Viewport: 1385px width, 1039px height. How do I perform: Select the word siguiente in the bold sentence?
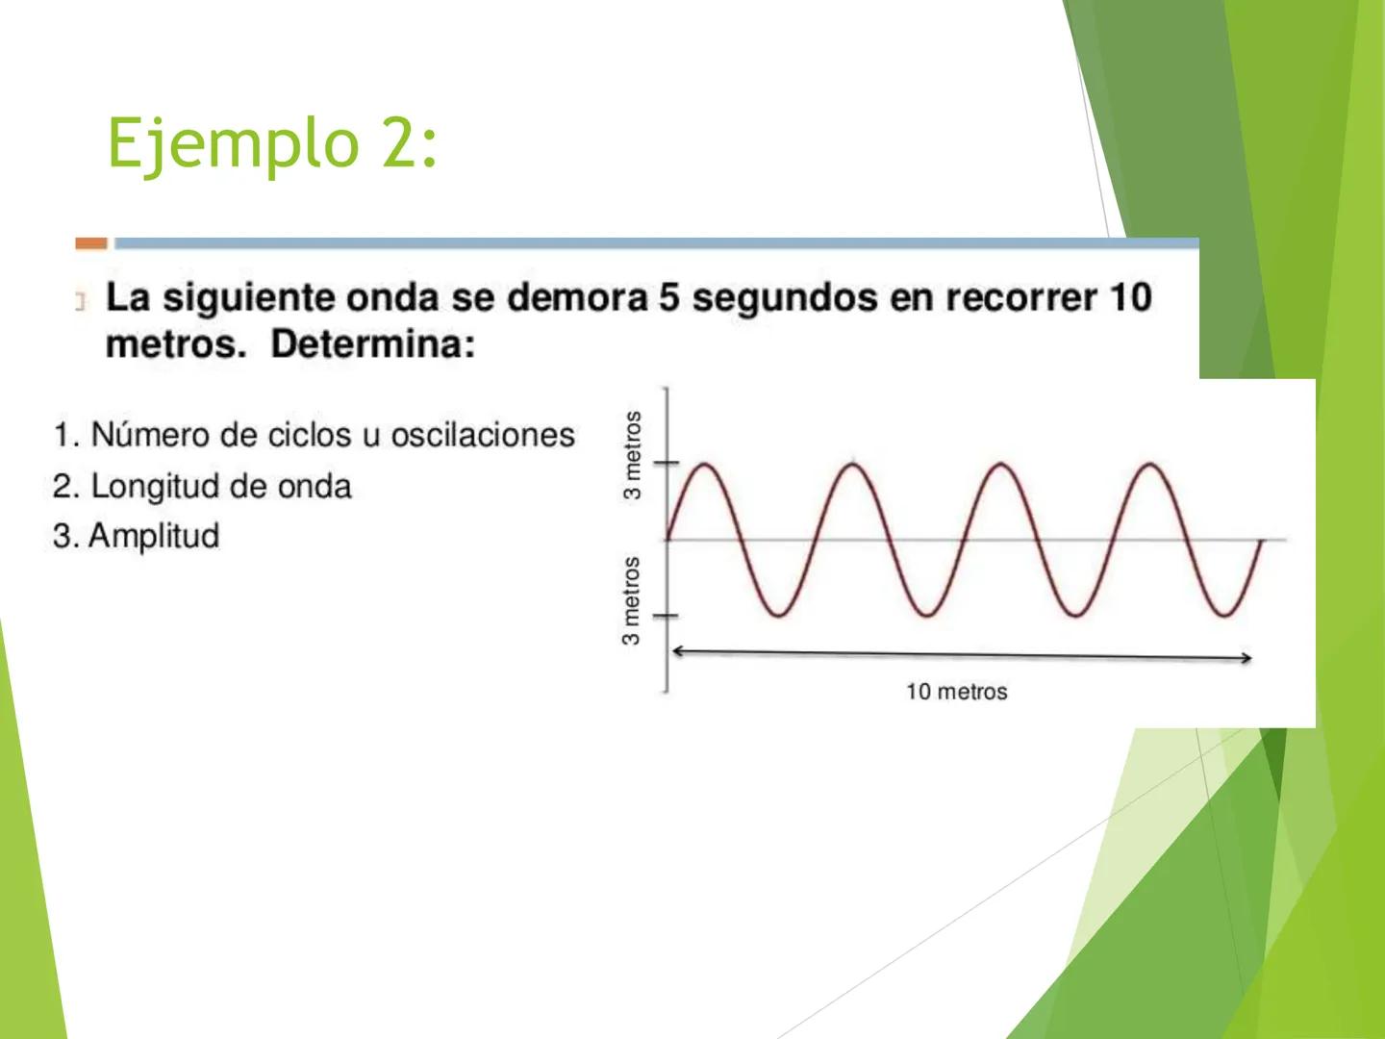click(x=250, y=298)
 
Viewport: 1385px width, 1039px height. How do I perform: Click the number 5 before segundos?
click(x=669, y=298)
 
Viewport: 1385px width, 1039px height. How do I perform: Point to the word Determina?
click(x=372, y=344)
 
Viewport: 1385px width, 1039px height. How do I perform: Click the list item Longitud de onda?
click(x=202, y=486)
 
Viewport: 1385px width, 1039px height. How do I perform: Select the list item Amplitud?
click(x=137, y=536)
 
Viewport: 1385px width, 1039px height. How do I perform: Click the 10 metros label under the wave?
click(x=956, y=692)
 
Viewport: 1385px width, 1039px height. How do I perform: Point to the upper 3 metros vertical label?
click(x=632, y=455)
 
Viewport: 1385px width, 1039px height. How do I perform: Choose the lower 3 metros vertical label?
click(x=631, y=601)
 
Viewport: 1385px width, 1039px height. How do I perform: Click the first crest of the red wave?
click(x=704, y=466)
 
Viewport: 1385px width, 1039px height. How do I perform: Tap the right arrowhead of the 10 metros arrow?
click(x=1247, y=658)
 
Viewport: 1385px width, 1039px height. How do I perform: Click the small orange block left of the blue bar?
click(x=91, y=243)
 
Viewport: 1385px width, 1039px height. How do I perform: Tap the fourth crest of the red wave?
click(x=1150, y=466)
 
